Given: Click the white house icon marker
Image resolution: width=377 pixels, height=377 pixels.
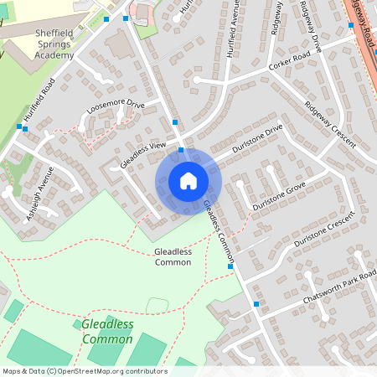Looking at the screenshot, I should coord(188,181).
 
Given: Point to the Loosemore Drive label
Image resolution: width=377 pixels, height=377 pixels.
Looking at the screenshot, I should coord(116,108).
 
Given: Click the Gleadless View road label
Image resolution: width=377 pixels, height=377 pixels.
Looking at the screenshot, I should coord(142,153).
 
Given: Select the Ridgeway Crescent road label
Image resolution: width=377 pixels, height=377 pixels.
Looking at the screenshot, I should coord(330,123).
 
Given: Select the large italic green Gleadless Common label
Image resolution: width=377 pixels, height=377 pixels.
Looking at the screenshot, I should coord(107,332).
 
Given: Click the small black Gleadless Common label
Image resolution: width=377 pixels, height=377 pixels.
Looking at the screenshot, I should coord(173,256).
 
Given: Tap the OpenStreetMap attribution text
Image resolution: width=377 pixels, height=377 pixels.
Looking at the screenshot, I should coord(84,371).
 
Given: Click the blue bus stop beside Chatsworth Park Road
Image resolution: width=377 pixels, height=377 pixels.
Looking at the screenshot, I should coord(256,304).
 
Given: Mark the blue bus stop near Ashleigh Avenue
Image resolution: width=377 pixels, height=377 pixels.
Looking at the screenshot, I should coord(19,127).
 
